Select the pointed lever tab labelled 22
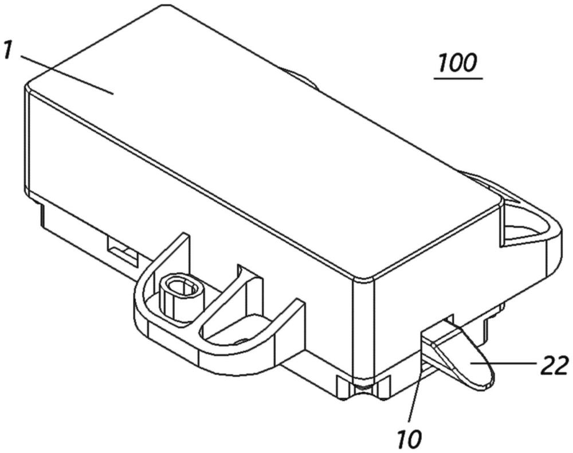click(x=461, y=350)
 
